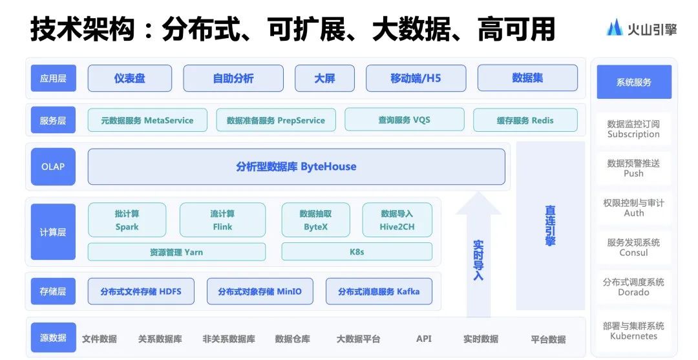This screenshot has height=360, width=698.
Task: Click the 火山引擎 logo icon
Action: [x=615, y=28]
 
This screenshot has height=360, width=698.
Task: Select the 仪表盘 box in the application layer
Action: [x=129, y=78]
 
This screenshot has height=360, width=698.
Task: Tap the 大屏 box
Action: [x=324, y=78]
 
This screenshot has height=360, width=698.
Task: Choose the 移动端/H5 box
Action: [x=416, y=78]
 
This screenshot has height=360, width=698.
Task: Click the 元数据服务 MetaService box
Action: [x=147, y=120]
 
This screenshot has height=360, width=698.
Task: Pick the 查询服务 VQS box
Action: [x=404, y=120]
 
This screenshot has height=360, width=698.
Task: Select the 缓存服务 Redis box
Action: [x=525, y=120]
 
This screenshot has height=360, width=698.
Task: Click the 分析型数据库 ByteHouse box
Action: [x=297, y=167]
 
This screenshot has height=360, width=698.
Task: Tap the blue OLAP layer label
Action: [x=53, y=167]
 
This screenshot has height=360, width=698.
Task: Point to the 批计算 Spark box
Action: [x=127, y=220]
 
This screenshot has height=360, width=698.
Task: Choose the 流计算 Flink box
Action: [x=222, y=220]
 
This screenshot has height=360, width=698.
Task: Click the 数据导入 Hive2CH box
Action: [x=397, y=220]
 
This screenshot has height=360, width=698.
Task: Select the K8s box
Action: [x=357, y=252]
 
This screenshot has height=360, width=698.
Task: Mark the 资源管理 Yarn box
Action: [x=176, y=252]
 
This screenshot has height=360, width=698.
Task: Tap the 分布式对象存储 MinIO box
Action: [x=260, y=291]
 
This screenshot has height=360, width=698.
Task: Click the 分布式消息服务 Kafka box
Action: [x=379, y=291]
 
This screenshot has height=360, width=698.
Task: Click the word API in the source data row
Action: [x=424, y=339]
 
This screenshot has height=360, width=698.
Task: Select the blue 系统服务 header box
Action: [x=634, y=82]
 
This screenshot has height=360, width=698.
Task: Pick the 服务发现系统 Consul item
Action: [x=633, y=248]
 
